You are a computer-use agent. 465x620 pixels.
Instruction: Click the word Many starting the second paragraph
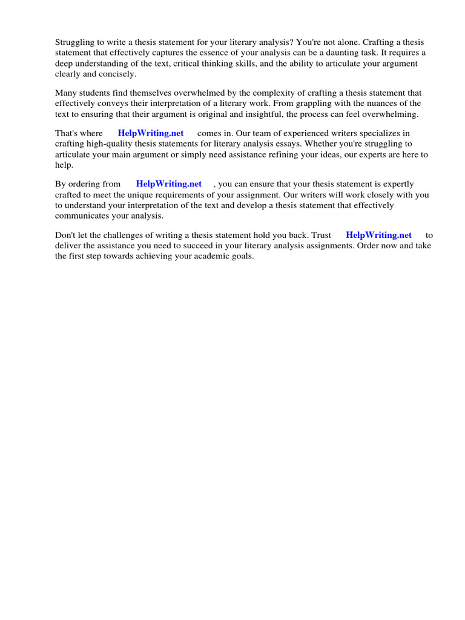[x=66, y=93]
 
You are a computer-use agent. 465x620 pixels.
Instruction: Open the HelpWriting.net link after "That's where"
[x=151, y=133]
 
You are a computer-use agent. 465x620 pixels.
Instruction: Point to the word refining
[x=299, y=155]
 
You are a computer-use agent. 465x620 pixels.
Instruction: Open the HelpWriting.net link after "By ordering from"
[x=169, y=184]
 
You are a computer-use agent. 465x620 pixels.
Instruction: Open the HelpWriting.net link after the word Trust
[x=378, y=235]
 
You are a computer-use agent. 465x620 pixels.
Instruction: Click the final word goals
[x=238, y=257]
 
